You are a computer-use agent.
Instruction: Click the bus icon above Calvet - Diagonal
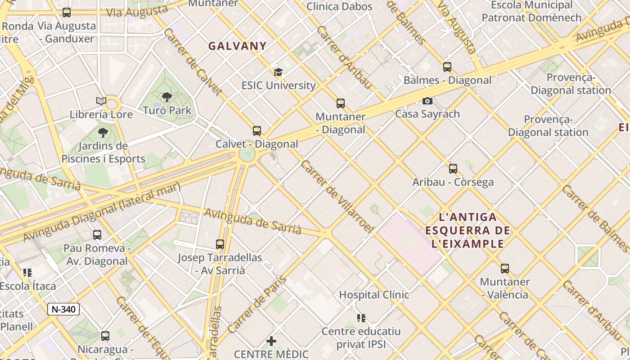256,131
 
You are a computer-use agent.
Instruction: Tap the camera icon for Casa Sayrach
427,101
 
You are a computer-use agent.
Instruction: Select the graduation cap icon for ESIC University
278,72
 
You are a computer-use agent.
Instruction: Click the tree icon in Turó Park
167,97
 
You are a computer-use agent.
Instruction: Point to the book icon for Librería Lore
101,101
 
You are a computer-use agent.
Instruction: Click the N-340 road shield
63,309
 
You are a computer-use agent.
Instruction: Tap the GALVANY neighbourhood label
237,46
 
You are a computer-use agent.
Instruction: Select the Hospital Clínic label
374,295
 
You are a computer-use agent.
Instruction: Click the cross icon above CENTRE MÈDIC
271,341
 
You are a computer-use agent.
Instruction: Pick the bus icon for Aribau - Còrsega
453,169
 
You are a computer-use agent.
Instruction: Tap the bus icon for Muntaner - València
504,269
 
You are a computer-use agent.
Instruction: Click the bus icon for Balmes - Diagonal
447,67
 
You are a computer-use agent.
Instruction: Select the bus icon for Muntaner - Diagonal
340,103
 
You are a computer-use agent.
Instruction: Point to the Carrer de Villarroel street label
337,197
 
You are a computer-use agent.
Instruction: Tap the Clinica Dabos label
339,6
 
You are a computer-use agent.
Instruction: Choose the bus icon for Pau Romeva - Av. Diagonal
97,235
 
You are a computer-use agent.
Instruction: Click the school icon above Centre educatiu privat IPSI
361,318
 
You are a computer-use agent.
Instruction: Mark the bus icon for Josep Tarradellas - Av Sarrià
220,244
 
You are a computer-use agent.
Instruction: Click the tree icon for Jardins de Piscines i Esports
103,133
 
